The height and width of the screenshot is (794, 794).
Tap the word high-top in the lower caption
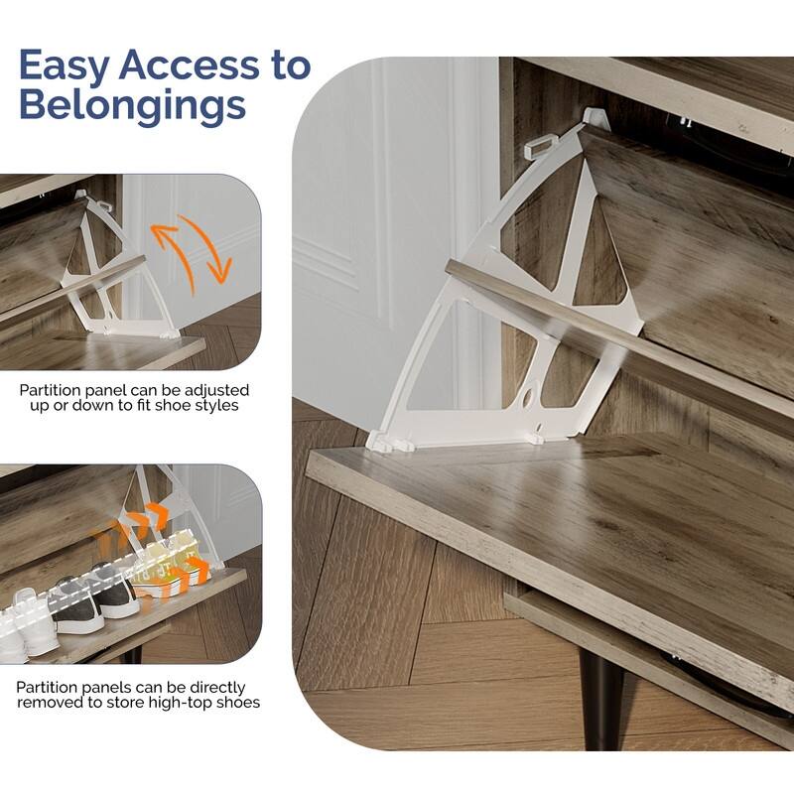coord(180,703)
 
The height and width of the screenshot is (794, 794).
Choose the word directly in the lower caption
coord(217,688)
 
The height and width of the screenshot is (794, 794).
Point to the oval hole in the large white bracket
coord(528,395)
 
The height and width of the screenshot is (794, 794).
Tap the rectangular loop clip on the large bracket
coord(541,147)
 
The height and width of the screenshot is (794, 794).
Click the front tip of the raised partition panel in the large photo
coord(449,267)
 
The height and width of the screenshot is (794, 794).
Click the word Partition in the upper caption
coord(50,390)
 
